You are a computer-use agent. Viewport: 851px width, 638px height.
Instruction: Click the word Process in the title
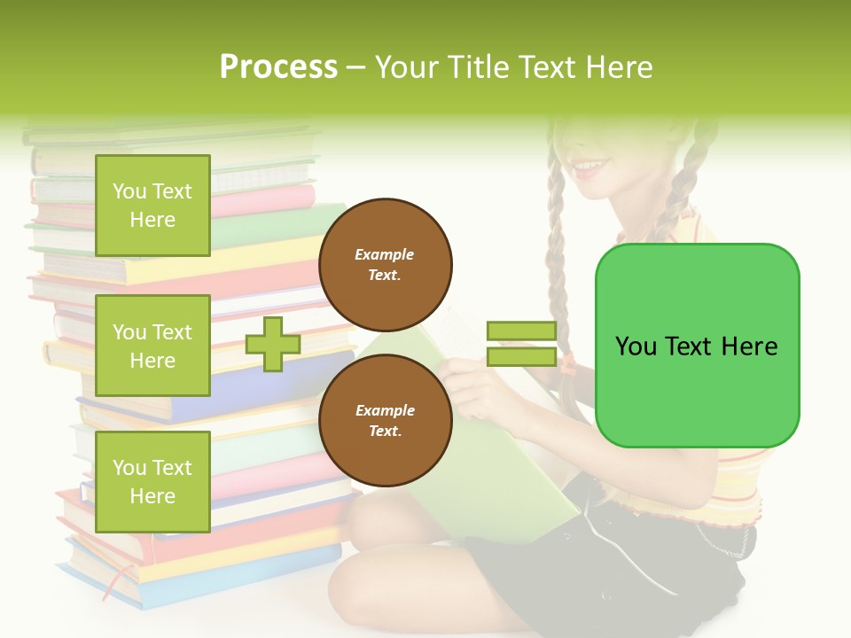(278, 67)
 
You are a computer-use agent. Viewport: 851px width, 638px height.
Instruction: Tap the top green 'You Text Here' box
(152, 206)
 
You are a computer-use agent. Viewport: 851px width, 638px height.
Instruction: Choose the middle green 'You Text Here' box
(152, 346)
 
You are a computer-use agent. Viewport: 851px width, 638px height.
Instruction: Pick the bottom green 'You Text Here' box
(152, 481)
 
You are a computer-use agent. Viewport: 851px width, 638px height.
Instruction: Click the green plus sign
(273, 344)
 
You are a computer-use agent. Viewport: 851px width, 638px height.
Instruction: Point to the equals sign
(521, 344)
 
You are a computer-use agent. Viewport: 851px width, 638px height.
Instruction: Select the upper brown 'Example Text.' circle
(385, 265)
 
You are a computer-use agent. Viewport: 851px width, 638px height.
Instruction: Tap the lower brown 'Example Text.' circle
(385, 421)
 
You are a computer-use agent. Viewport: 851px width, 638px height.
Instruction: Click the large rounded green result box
(697, 346)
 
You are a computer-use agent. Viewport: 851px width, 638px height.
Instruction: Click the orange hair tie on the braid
(566, 362)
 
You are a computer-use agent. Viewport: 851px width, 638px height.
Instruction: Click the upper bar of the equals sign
(521, 331)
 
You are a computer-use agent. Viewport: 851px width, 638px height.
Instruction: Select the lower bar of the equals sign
(521, 356)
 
